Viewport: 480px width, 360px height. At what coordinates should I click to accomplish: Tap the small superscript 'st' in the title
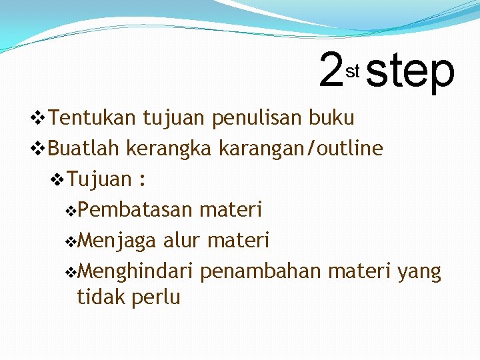353,70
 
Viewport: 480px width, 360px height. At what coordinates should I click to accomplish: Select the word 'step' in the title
410,72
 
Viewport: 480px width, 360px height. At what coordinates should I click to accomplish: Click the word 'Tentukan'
93,118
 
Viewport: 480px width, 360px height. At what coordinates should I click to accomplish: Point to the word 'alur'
183,240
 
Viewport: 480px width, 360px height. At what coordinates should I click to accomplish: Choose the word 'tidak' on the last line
99,297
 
